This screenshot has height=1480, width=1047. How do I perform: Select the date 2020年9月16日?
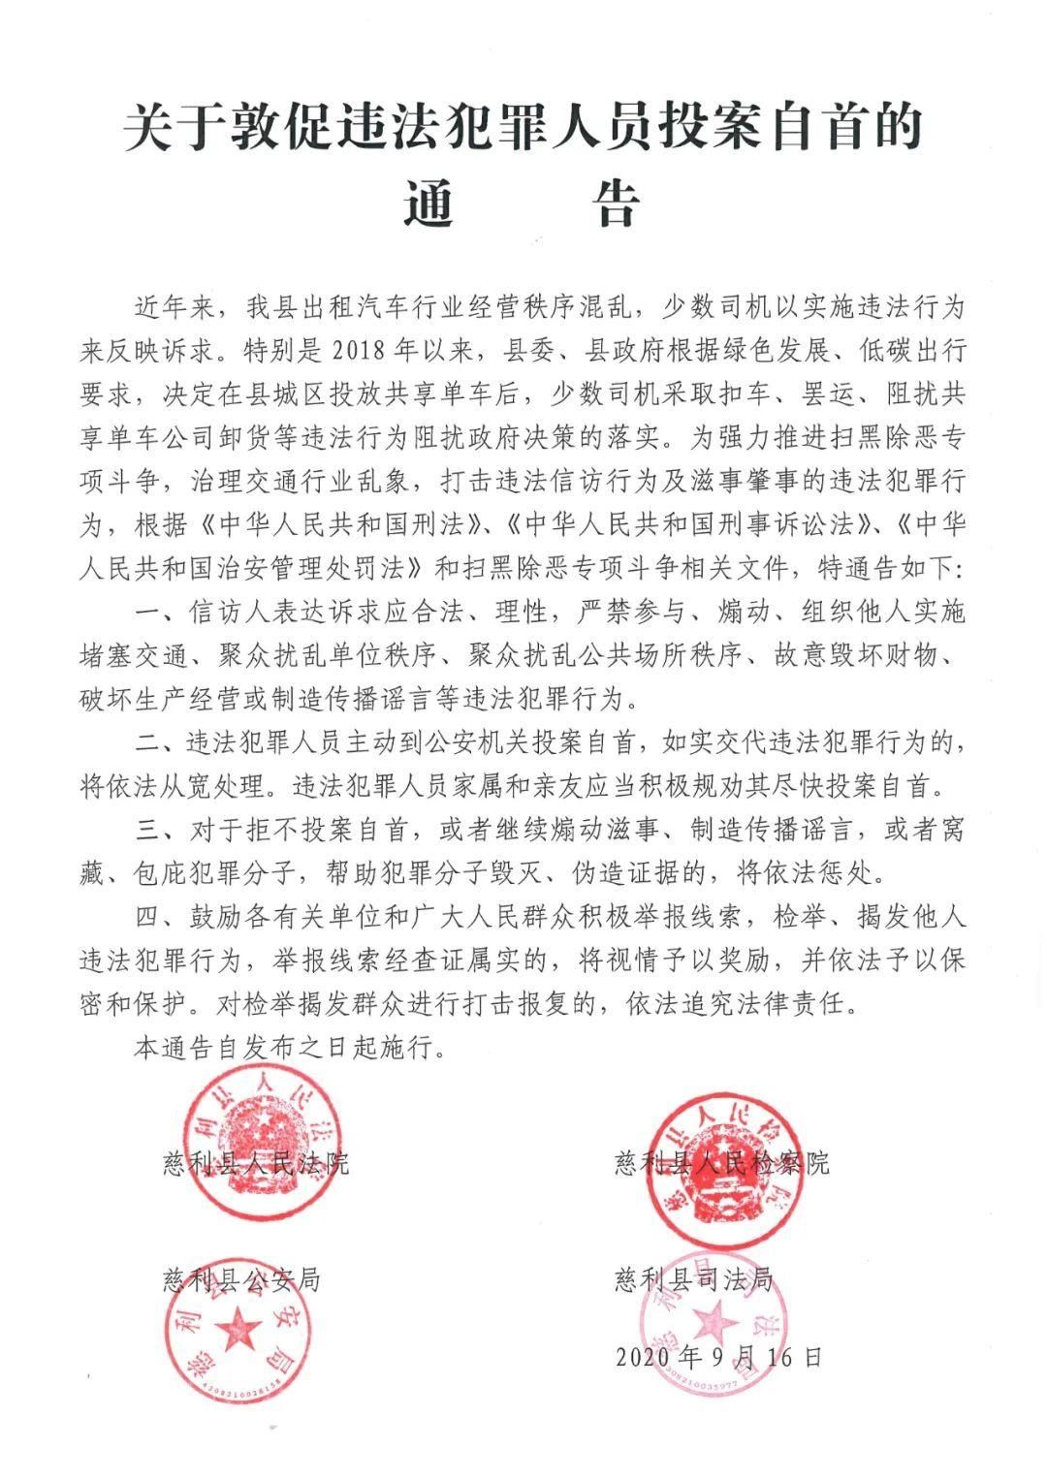(718, 1355)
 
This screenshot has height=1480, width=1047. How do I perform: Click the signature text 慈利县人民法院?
(256, 1162)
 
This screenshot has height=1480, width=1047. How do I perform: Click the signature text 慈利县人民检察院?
(722, 1162)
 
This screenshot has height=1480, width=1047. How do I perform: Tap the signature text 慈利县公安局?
(241, 1278)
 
